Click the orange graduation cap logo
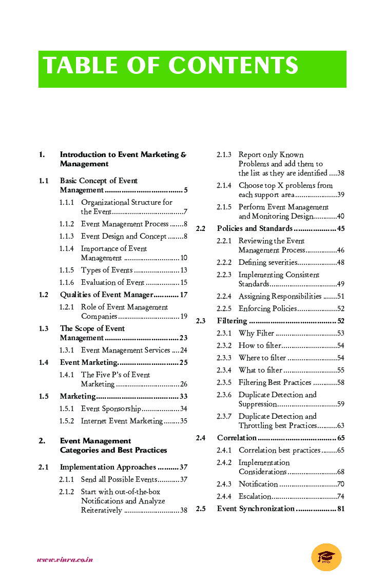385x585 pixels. [x=326, y=557]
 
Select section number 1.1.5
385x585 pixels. [x=66, y=270]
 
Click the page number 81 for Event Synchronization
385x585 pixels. [x=341, y=509]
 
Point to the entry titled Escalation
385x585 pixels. [x=255, y=496]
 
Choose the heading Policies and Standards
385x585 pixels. [x=255, y=228]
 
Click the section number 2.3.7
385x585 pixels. [x=224, y=416]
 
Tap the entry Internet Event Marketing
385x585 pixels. [x=122, y=421]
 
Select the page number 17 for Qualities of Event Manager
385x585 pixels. [x=184, y=295]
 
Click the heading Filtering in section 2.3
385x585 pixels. [x=232, y=321]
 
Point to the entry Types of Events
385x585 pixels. [x=107, y=270]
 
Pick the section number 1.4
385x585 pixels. [x=44, y=362]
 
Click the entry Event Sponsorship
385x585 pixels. [x=111, y=408]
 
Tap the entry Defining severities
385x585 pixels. [x=267, y=262]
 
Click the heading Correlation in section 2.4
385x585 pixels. [x=237, y=438]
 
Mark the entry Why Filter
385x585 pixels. [x=256, y=333]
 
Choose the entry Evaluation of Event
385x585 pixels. [x=112, y=282]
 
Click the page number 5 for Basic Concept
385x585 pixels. [x=185, y=190]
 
